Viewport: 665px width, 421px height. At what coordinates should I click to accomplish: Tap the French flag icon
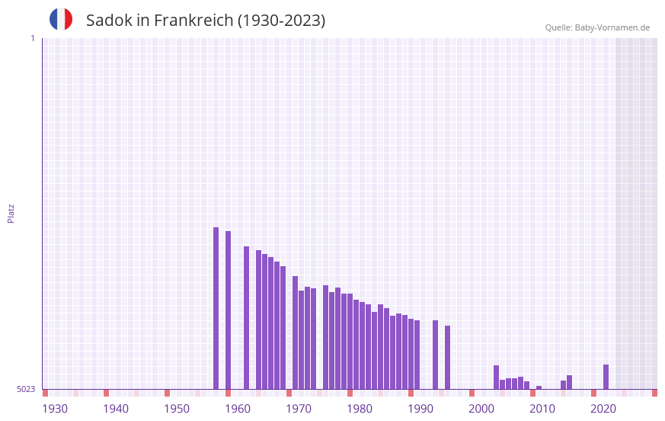point(61,19)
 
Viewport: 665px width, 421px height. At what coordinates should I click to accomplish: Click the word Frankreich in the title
point(193,21)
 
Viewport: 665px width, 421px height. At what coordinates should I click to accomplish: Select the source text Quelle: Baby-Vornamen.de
point(597,27)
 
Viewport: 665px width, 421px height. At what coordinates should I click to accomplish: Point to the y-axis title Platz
point(11,213)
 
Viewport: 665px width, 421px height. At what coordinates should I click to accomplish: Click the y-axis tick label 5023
point(26,389)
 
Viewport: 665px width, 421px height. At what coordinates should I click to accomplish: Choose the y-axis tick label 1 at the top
point(32,38)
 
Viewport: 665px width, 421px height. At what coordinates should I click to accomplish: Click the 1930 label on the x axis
point(55,409)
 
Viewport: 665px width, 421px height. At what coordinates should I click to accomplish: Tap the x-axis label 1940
point(116,409)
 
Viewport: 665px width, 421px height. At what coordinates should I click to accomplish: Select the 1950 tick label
point(177,409)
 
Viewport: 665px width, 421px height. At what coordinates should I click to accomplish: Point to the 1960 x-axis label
point(238,409)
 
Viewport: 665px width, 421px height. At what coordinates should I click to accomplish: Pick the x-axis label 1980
point(360,409)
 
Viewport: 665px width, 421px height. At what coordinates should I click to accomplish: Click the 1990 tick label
point(420,409)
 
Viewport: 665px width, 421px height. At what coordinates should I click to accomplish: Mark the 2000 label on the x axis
point(481,409)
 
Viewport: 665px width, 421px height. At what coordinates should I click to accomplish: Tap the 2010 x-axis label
point(542,409)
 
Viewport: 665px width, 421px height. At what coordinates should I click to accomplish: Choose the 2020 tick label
point(603,409)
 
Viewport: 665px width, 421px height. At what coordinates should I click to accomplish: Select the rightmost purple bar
point(606,377)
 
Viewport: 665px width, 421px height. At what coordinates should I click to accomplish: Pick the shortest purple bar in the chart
point(539,387)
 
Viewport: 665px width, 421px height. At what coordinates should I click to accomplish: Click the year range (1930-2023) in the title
point(281,21)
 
